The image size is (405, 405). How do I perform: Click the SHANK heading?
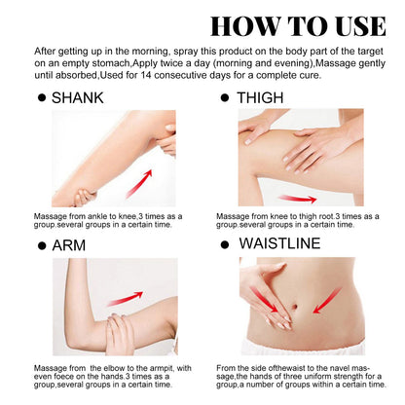[x=85, y=98]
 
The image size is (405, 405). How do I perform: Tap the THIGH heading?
[x=269, y=98]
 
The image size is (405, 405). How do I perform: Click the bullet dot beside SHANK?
[x=41, y=98]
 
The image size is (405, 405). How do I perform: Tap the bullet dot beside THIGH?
[x=225, y=98]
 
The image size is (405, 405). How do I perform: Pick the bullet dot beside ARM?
[x=41, y=244]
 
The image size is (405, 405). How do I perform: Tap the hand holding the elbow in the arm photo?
[x=119, y=335]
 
